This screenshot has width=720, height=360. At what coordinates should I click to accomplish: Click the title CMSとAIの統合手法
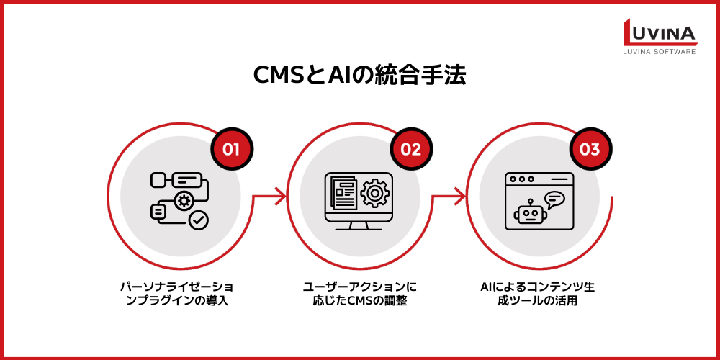pyautogui.click(x=359, y=76)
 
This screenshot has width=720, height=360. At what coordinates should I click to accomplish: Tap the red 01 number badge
pyautogui.click(x=230, y=150)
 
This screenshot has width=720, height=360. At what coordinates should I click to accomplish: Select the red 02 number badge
pyautogui.click(x=410, y=150)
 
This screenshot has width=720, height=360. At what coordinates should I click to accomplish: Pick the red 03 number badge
pyautogui.click(x=590, y=150)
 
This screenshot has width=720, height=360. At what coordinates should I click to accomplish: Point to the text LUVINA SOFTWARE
pyautogui.click(x=660, y=52)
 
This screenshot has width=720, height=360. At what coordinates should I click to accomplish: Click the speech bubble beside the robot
pyautogui.click(x=554, y=199)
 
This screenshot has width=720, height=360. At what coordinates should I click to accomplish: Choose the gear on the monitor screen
pyautogui.click(x=374, y=192)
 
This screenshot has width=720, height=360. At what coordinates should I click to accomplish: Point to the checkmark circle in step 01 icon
pyautogui.click(x=198, y=220)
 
